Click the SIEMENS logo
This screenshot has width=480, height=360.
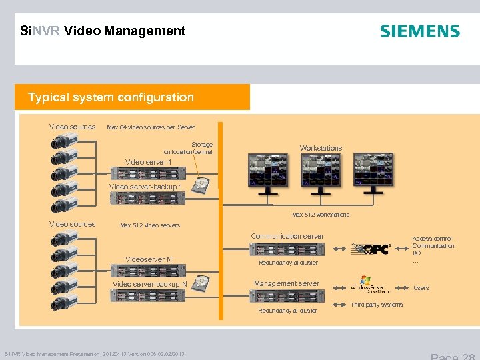419,31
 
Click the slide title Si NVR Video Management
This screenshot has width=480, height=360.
103,31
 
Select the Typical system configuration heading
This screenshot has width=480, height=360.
111,97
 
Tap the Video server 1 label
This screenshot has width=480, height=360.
149,162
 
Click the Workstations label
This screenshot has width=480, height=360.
321,148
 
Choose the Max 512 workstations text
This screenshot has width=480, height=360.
321,215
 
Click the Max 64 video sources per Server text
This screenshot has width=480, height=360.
151,127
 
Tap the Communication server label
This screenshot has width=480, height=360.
287,236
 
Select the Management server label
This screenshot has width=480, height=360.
287,283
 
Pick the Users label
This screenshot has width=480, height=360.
421,288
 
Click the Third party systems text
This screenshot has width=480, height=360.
377,305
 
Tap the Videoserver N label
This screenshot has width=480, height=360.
149,259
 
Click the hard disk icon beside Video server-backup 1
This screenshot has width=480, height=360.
202,185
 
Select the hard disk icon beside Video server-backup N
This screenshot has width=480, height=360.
200,284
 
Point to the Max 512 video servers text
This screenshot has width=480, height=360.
150,225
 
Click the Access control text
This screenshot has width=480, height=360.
432,238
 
